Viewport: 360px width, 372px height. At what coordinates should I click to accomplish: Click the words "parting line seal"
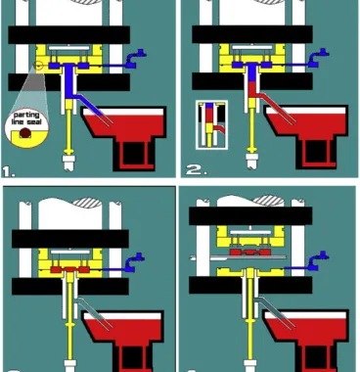tap(26, 118)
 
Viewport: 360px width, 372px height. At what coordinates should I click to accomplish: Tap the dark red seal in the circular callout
tap(25, 132)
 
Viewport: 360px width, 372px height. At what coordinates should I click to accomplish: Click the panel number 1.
tap(8, 171)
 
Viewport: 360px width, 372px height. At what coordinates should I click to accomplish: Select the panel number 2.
tap(197, 169)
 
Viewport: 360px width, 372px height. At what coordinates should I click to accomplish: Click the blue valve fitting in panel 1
tap(135, 59)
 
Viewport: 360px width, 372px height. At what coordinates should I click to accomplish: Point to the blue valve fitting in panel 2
tap(318, 58)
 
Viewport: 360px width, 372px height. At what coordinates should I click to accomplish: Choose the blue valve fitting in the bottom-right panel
tap(318, 261)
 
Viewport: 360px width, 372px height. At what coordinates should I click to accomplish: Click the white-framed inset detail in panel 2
tap(211, 125)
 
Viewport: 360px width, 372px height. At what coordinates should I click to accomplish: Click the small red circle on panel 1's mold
tap(39, 66)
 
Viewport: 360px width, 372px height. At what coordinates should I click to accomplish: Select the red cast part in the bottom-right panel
tap(250, 252)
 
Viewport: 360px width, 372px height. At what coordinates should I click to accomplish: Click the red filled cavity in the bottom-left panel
tap(69, 269)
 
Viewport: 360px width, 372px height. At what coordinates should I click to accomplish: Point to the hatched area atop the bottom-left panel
tap(87, 203)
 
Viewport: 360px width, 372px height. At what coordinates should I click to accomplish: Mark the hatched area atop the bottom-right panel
tap(268, 200)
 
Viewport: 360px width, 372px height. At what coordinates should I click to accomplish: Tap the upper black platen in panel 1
tap(68, 35)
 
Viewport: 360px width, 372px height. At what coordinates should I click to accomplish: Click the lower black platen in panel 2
tap(252, 81)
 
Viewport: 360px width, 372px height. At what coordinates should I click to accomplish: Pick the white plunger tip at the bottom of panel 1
tap(68, 163)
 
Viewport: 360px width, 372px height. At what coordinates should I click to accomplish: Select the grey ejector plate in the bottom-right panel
tap(238, 257)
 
